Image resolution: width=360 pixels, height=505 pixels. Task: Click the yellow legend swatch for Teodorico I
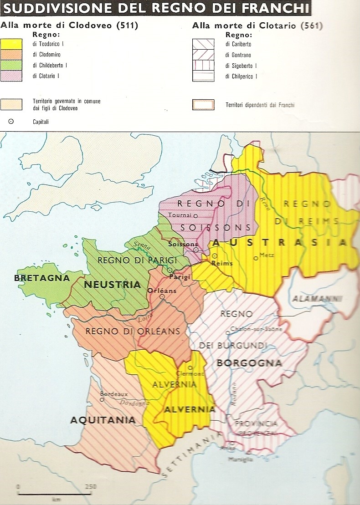11,44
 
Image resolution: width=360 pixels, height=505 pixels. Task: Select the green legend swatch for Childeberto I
11,66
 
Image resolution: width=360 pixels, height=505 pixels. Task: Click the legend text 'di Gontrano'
238,55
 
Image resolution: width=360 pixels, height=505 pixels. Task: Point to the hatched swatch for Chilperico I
203,77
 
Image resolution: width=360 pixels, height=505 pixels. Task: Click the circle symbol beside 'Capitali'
11,122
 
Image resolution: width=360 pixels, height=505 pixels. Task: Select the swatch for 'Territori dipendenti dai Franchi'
203,105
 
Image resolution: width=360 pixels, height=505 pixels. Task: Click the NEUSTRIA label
112,285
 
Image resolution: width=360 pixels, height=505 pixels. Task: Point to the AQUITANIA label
103,420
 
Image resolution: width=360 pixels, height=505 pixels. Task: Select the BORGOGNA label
249,363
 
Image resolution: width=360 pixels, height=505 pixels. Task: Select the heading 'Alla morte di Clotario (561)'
257,26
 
